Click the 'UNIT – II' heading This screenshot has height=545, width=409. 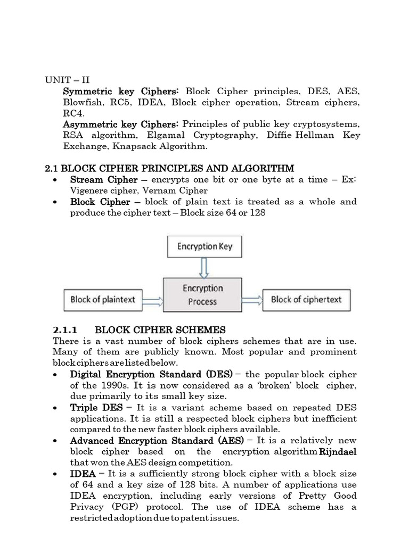click(x=67, y=80)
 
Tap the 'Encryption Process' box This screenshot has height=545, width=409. click(x=202, y=294)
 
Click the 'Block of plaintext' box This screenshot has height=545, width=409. click(x=103, y=300)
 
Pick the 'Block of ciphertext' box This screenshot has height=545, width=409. click(x=306, y=300)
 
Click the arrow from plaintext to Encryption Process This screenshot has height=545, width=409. click(x=153, y=300)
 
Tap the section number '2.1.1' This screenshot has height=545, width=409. click(x=66, y=330)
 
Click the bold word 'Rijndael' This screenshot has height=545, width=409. click(x=338, y=451)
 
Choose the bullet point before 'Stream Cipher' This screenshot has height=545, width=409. click(x=56, y=180)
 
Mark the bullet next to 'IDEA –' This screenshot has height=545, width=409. click(x=56, y=474)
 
